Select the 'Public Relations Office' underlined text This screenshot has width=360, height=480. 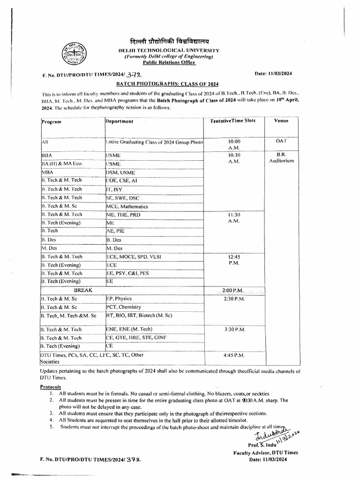point(168,62)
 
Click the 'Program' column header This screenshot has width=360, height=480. point(52,122)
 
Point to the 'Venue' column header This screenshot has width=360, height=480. point(281,120)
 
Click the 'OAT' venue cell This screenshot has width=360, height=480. point(281,141)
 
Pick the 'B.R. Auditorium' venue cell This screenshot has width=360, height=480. point(281,157)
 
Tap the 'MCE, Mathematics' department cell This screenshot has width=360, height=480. point(127,206)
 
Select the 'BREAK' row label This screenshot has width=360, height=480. point(83,291)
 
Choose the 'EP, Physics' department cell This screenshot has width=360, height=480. point(119,299)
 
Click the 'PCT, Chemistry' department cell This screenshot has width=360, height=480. point(124,307)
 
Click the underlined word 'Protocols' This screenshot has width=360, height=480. point(50,387)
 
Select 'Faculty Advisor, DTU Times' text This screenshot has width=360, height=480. point(265,452)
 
